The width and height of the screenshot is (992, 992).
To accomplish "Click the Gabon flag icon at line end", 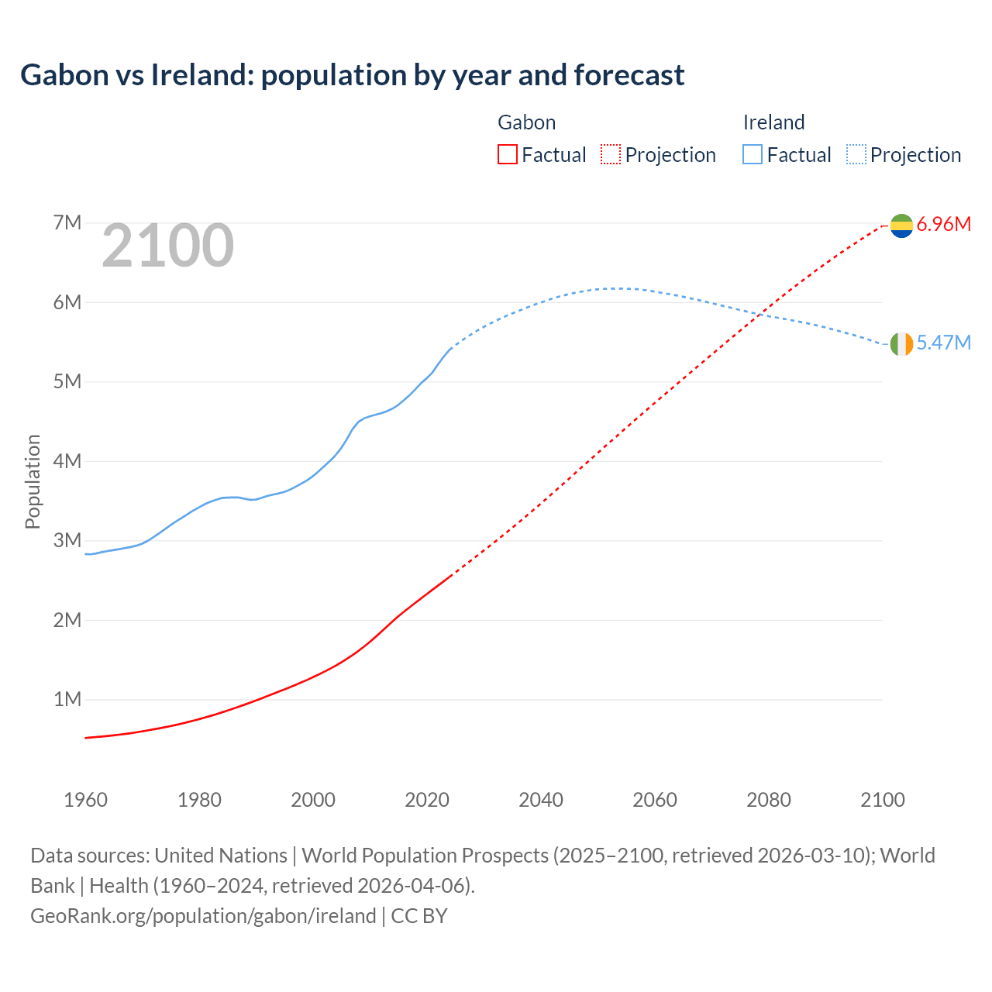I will click(901, 226).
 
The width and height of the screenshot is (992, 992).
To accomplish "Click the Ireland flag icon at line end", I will click(901, 344).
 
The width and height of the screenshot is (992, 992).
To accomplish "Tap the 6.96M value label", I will click(944, 225).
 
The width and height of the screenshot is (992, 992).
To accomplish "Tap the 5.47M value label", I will click(944, 343).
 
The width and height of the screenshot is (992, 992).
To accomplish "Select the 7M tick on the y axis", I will click(67, 223).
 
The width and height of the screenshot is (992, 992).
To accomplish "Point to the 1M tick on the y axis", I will click(67, 700).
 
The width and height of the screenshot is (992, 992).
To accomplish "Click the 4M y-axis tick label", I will click(67, 461).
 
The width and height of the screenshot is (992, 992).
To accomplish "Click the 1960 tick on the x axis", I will click(85, 800).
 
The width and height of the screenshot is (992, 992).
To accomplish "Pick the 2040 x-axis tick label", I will click(541, 800).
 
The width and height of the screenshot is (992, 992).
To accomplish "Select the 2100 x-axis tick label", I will click(882, 800).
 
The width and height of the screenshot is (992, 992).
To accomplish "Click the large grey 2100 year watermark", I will click(167, 246).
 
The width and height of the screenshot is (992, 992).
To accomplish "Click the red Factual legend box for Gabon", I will click(507, 154).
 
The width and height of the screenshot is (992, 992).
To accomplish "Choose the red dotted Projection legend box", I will click(611, 154).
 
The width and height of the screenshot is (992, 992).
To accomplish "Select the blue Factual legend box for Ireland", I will click(753, 154).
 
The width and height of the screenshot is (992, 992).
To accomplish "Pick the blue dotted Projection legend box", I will click(856, 154).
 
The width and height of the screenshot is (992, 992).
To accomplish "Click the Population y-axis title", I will click(33, 481).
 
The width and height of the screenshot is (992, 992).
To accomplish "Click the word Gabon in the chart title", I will click(64, 75).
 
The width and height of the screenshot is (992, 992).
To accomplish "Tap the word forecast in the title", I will click(629, 75).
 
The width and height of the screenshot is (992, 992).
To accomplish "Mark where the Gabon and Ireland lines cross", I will click(761, 314).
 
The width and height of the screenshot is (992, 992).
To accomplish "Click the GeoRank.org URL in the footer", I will click(203, 916).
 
